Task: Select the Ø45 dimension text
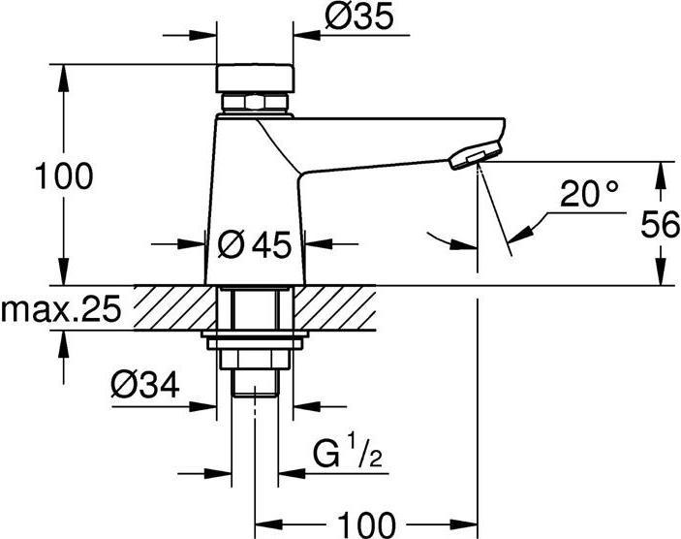255,246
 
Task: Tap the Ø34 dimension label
146,387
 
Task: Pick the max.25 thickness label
60,310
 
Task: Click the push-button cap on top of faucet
254,77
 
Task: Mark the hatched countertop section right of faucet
339,306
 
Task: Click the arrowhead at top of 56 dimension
662,170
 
